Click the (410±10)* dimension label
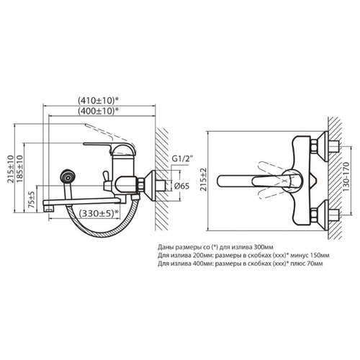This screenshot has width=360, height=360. click(99, 101)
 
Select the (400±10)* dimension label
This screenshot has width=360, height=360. click(99, 111)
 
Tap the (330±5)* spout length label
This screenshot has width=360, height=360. click(99, 213)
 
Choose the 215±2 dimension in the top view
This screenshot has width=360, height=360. click(203, 179)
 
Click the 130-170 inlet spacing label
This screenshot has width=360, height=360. click(346, 177)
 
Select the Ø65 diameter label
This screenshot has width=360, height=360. click(181, 186)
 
